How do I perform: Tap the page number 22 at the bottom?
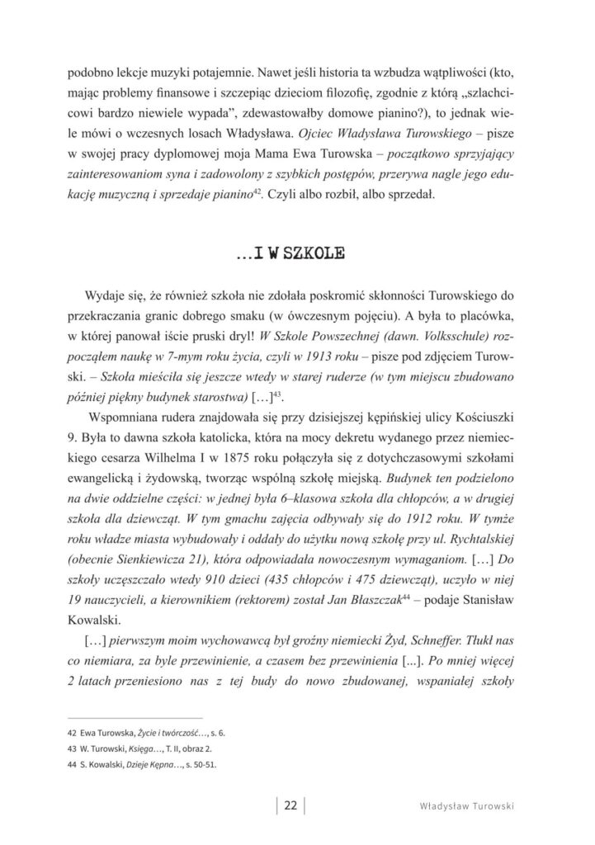[290, 806]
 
